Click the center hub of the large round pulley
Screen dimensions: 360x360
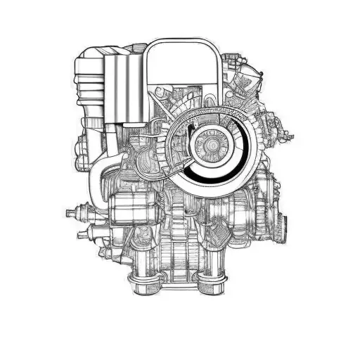209,145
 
